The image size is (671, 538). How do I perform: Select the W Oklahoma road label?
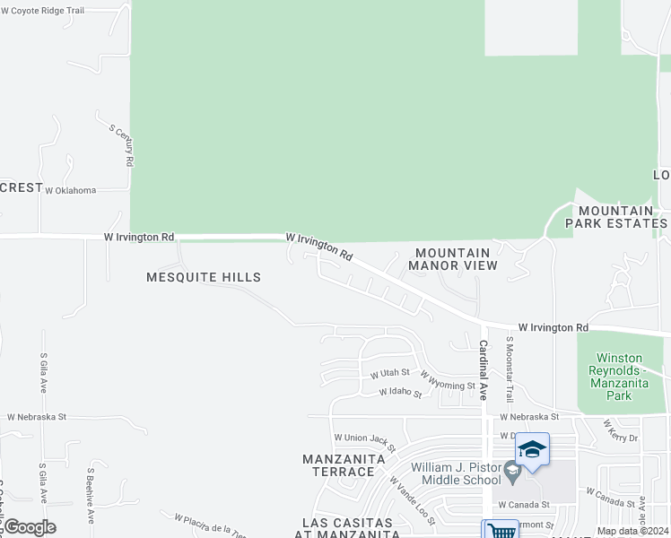click(x=70, y=190)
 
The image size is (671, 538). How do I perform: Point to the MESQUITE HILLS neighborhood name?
click(x=204, y=277)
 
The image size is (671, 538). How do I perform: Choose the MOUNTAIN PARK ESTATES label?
click(x=616, y=216)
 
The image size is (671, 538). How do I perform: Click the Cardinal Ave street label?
click(x=483, y=370)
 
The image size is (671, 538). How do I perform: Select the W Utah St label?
click(x=390, y=372)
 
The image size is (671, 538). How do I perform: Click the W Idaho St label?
click(x=400, y=392)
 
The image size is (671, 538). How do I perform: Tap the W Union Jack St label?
click(x=365, y=439)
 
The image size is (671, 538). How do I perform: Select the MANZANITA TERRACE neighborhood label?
click(x=344, y=465)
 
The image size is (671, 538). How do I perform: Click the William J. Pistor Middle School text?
click(x=455, y=473)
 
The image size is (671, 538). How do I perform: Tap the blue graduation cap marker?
click(x=532, y=448)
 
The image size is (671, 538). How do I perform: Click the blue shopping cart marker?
click(x=500, y=530)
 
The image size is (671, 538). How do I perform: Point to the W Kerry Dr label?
click(x=620, y=430)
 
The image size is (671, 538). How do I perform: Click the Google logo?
click(x=29, y=527)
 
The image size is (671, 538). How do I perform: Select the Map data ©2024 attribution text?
click(x=632, y=531)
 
